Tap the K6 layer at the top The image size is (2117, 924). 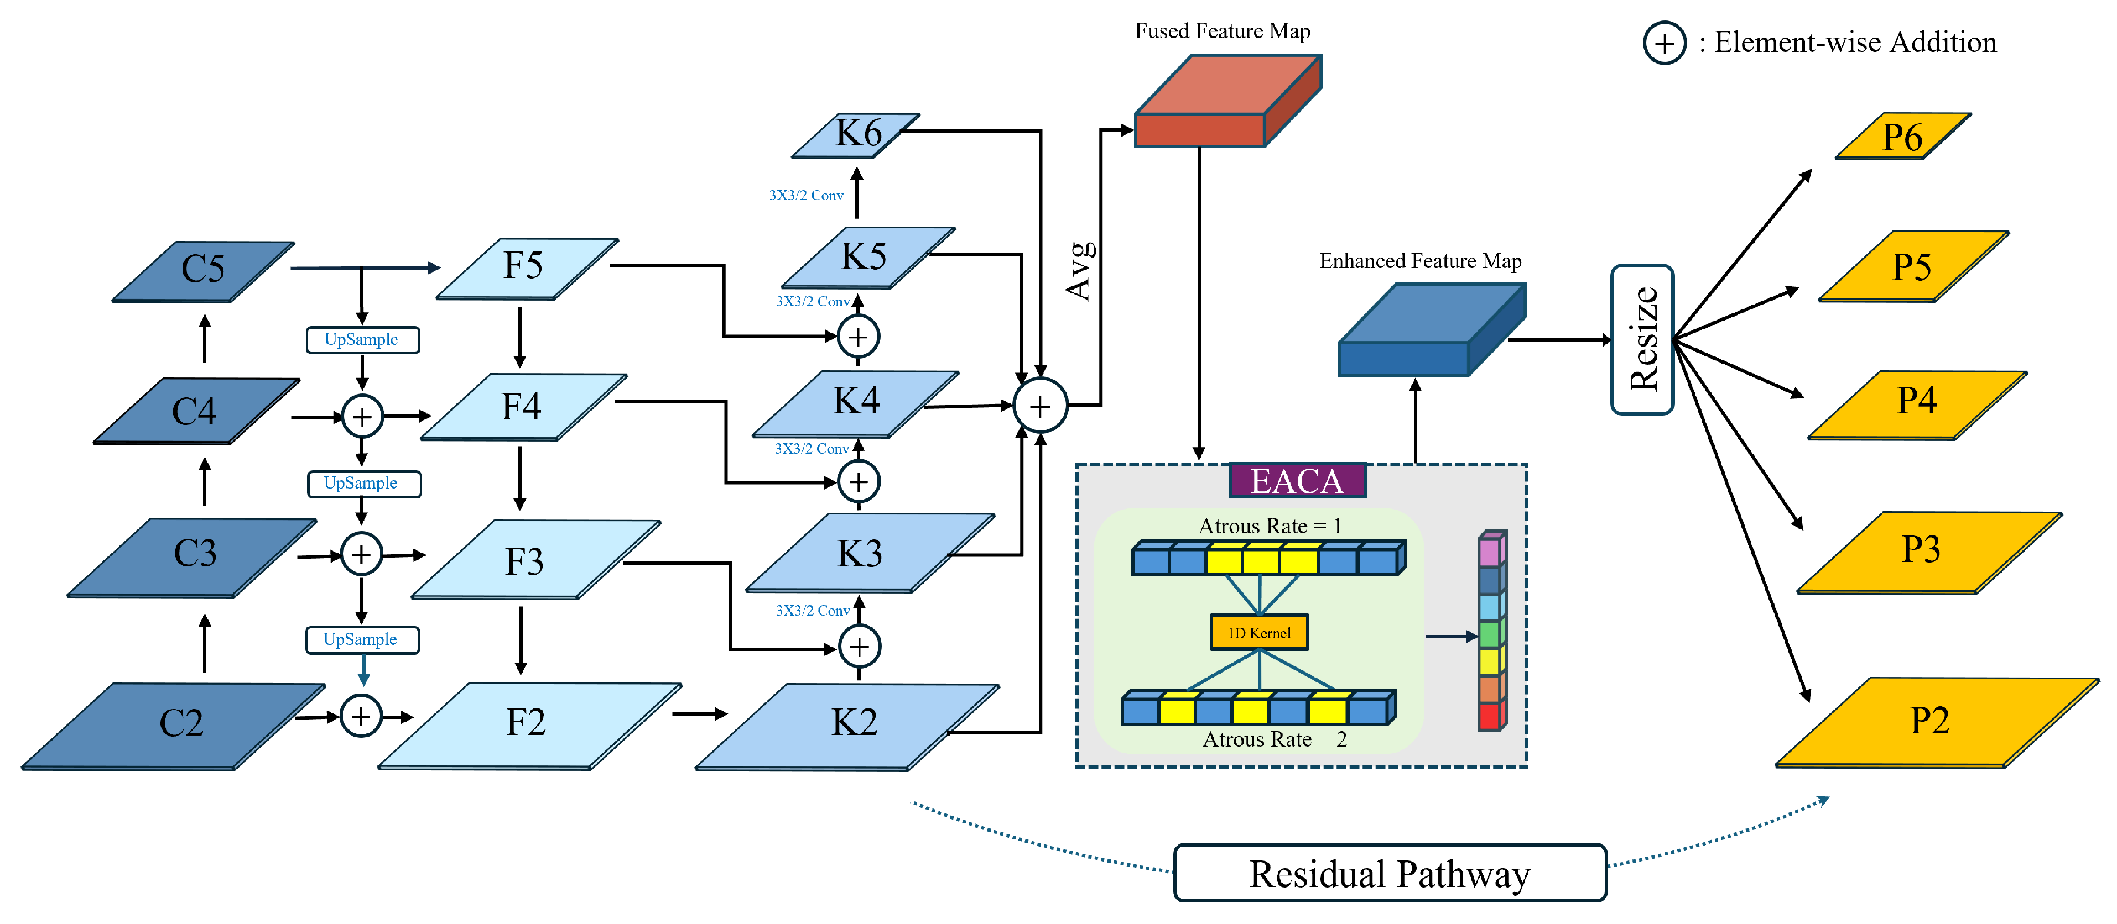click(x=856, y=134)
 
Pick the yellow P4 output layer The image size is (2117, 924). click(x=1917, y=402)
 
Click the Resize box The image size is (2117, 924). click(x=1642, y=339)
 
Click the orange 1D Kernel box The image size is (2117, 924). click(x=1259, y=632)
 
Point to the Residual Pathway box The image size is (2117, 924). click(x=1389, y=873)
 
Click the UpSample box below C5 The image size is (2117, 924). click(x=362, y=339)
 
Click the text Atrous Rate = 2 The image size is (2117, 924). click(x=1274, y=739)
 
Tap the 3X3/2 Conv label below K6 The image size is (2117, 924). click(x=805, y=196)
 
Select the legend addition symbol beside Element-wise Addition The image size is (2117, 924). click(x=1663, y=43)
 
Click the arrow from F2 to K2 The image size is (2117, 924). click(x=699, y=714)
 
